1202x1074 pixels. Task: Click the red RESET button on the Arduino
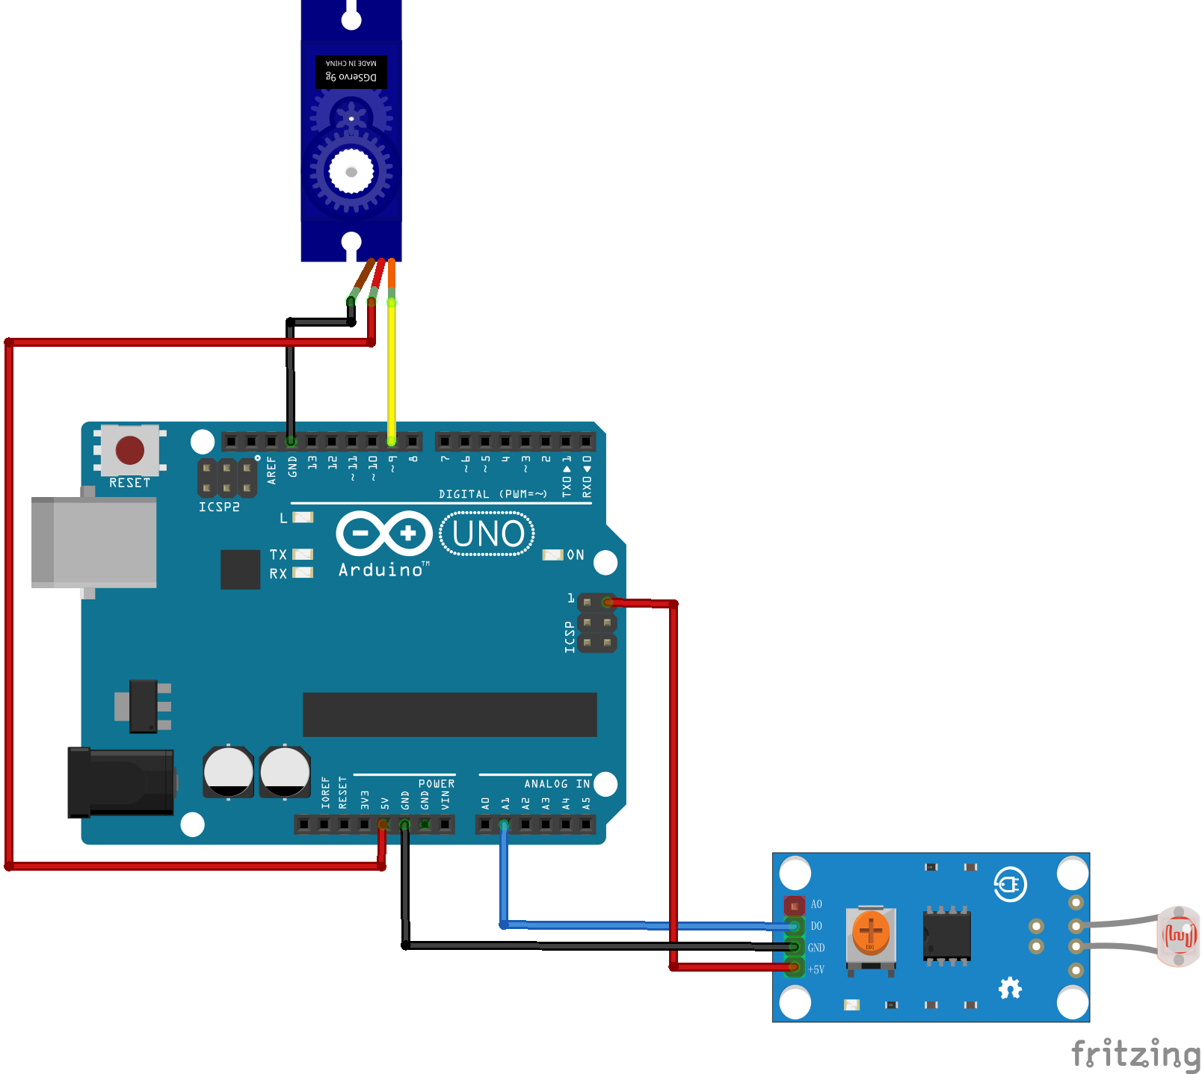pos(130,450)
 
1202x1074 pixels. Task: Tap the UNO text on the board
pos(488,534)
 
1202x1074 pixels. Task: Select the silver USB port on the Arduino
pos(94,542)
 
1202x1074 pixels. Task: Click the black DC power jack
pos(120,782)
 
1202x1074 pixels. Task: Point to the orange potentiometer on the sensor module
pos(870,931)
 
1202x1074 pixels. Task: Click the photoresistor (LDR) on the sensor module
pos(1178,936)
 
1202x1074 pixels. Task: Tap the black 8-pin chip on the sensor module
pos(946,935)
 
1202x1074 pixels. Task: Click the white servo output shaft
pos(351,172)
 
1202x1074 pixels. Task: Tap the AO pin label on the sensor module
pos(816,905)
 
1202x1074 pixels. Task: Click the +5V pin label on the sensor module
pos(816,970)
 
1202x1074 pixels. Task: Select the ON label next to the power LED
pos(576,555)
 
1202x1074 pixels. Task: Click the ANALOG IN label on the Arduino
pos(557,784)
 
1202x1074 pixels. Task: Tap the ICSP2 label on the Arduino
pos(219,507)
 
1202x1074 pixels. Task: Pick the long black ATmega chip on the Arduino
pos(449,715)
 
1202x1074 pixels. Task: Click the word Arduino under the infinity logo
pos(380,570)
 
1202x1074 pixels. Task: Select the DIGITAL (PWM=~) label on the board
pos(493,494)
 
